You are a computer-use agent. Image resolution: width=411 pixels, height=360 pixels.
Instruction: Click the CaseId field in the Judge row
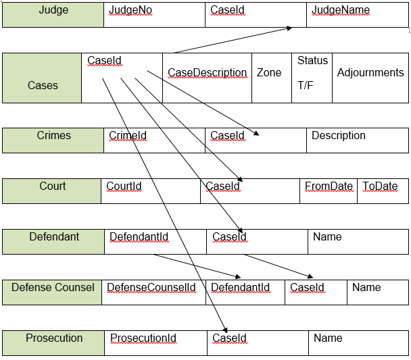(x=227, y=11)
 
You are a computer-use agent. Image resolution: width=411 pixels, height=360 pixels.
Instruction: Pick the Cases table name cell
(x=43, y=85)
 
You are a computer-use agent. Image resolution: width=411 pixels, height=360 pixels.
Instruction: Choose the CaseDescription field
(x=207, y=73)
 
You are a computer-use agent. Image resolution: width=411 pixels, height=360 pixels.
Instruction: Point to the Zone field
(x=269, y=73)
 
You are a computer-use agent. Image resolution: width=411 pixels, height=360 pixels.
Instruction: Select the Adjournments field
(x=370, y=73)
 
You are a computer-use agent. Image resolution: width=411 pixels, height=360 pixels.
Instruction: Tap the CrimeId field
(x=128, y=136)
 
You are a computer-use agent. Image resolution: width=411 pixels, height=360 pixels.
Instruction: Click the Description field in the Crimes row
(x=338, y=136)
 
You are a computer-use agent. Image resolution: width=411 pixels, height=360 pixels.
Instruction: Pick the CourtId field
(x=124, y=186)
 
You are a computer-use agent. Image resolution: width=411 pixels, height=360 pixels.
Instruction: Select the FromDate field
(x=329, y=186)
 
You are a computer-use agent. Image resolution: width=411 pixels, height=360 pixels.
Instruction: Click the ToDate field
(x=380, y=186)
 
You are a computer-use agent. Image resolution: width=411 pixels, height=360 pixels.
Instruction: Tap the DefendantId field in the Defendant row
(x=139, y=237)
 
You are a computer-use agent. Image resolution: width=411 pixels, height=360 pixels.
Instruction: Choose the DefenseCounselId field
(x=151, y=288)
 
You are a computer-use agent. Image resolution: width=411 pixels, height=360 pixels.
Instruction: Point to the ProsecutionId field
(x=143, y=338)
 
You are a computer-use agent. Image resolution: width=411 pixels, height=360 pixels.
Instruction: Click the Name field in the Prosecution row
(x=328, y=338)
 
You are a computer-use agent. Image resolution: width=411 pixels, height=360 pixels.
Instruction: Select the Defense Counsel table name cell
(x=53, y=288)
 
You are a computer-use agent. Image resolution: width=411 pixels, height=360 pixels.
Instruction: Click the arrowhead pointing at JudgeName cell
(x=289, y=28)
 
